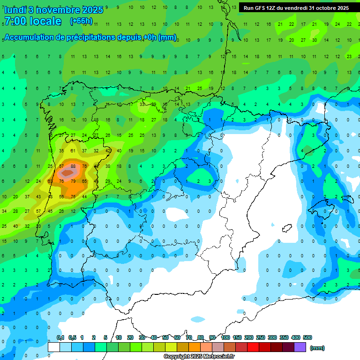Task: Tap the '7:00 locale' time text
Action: (33, 21)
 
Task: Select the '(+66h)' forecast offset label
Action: (81, 21)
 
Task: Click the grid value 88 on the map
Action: (73, 166)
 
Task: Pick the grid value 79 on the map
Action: (73, 181)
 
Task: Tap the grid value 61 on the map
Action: (73, 151)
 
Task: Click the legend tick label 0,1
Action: (60, 337)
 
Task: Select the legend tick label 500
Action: (307, 337)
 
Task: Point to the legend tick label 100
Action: (225, 337)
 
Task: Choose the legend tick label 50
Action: (165, 337)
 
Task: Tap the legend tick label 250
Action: (261, 337)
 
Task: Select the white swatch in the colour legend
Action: (53, 347)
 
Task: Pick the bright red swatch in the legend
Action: (253, 347)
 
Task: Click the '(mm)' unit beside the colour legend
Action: (317, 348)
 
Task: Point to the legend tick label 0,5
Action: (72, 337)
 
